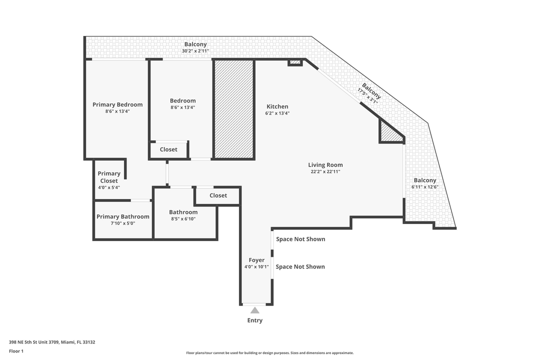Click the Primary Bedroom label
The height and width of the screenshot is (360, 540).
[117, 104]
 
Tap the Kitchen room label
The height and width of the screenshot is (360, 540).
[277, 106]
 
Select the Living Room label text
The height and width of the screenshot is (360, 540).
[325, 165]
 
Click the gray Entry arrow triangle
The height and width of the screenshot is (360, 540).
[255, 310]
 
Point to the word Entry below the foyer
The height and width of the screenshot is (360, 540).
[254, 320]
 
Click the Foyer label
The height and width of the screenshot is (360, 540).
[256, 260]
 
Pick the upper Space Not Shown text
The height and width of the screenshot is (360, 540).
[300, 239]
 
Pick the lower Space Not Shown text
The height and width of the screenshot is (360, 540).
[300, 266]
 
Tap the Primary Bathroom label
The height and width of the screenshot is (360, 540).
[122, 216]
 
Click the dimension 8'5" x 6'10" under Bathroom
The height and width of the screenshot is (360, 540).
[183, 219]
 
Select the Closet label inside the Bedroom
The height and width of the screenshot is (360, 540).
[168, 149]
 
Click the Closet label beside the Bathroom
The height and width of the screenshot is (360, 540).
[218, 195]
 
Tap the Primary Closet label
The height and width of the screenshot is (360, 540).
[109, 177]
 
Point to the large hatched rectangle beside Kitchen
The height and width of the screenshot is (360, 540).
[234, 109]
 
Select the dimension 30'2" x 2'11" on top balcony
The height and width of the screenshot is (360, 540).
[195, 51]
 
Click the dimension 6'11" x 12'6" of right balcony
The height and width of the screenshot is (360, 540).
[424, 187]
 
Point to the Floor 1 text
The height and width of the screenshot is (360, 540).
[16, 351]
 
